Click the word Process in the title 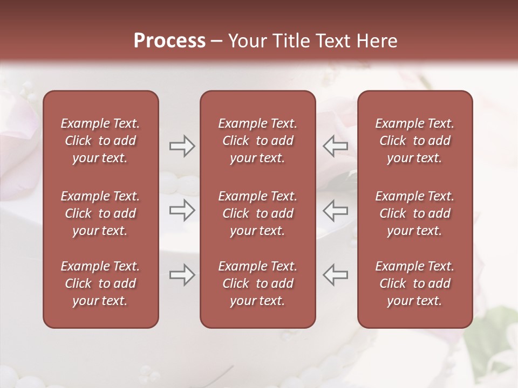pos(169,41)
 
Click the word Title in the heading pos(290,41)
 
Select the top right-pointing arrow pos(182,146)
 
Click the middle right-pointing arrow pos(182,210)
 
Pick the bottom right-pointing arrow pos(182,275)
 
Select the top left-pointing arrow pos(336,146)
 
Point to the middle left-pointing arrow pos(336,210)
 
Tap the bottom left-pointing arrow pos(336,275)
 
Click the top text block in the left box pos(100,141)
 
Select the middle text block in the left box pos(100,213)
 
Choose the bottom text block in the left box pos(100,283)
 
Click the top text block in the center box pos(257,141)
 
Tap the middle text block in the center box pos(257,213)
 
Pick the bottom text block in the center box pos(257,283)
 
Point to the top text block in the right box pos(415,141)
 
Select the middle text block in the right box pos(415,213)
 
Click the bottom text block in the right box pos(415,283)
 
